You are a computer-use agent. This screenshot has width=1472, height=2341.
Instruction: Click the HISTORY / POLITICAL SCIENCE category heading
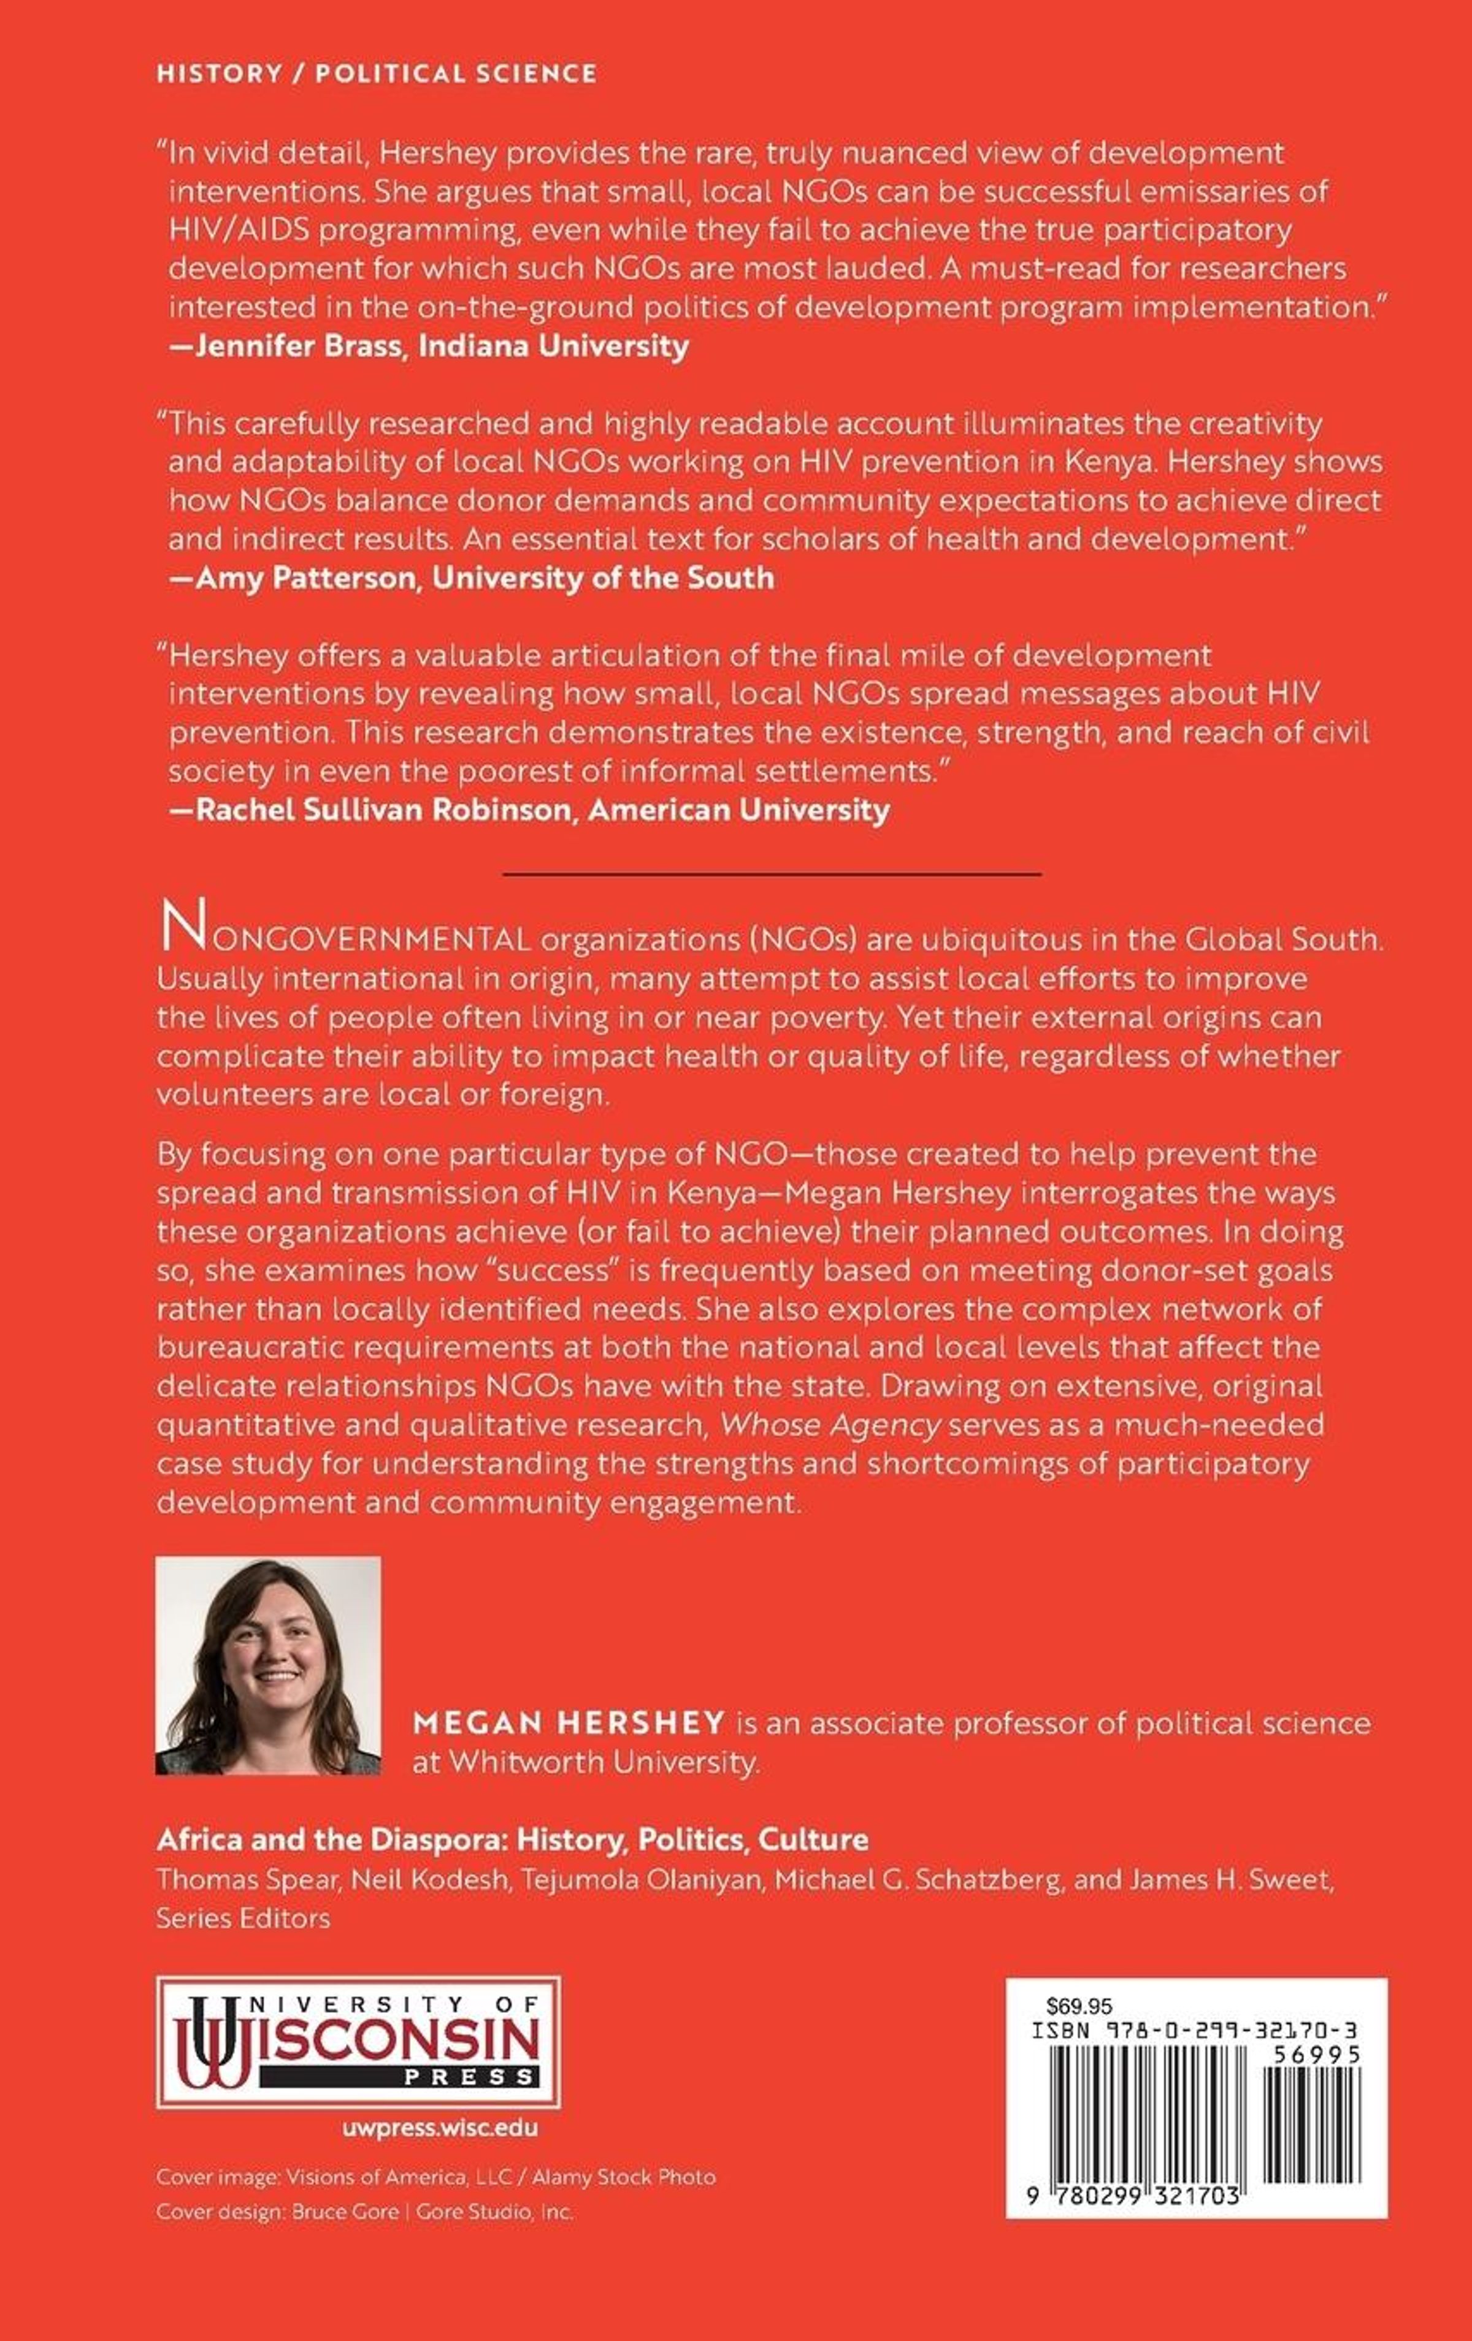point(376,74)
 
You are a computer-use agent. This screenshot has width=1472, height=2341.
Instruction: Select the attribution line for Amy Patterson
point(472,578)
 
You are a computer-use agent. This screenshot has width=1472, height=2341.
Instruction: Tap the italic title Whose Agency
point(830,1425)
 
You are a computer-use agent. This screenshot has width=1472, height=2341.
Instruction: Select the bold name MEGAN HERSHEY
point(569,1724)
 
